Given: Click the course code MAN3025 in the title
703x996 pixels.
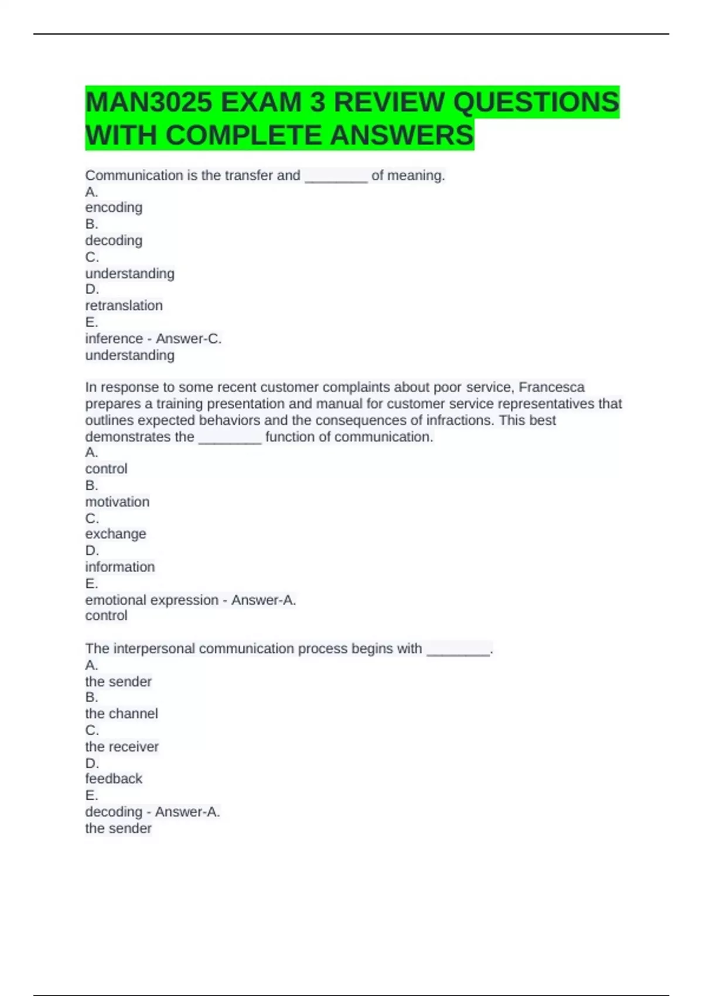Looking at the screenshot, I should (x=148, y=103).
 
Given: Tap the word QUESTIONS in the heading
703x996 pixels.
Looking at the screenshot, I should (x=535, y=103).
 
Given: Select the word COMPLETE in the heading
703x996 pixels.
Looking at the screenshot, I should (x=245, y=135).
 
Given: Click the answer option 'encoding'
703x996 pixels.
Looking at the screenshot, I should (x=114, y=207).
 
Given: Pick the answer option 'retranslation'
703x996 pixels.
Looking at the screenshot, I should (x=124, y=305).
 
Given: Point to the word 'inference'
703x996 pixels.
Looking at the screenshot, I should (x=114, y=339).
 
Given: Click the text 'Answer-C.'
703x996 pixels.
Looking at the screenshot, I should (x=189, y=339).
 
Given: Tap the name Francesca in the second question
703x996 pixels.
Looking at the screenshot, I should (x=551, y=387).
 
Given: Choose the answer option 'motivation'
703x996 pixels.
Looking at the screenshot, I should (x=117, y=502).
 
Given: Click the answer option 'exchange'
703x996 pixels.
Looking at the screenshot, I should (x=115, y=534).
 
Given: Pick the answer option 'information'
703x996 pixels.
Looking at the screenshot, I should (x=120, y=567).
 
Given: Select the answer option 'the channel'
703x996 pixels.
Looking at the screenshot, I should (x=121, y=714).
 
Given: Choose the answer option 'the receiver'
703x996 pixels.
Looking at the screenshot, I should (x=122, y=746).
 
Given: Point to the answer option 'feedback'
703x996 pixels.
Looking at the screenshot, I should (x=114, y=779).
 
